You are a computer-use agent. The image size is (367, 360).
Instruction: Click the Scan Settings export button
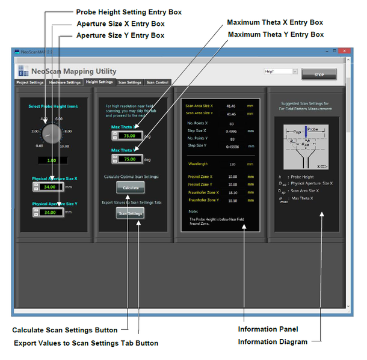tap(130, 213)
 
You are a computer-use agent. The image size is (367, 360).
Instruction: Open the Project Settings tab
tap(29, 82)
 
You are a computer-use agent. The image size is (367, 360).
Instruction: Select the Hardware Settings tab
tap(65, 82)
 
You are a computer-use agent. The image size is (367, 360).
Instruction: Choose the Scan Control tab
tap(158, 82)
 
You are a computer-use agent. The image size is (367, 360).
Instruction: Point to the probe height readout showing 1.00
tap(51, 160)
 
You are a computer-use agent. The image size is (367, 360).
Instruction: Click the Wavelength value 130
tap(232, 163)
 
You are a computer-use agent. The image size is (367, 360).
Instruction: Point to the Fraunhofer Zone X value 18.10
tap(232, 192)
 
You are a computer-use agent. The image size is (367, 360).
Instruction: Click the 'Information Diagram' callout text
tap(272, 342)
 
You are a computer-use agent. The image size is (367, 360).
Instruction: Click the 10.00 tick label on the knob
tap(65, 146)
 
